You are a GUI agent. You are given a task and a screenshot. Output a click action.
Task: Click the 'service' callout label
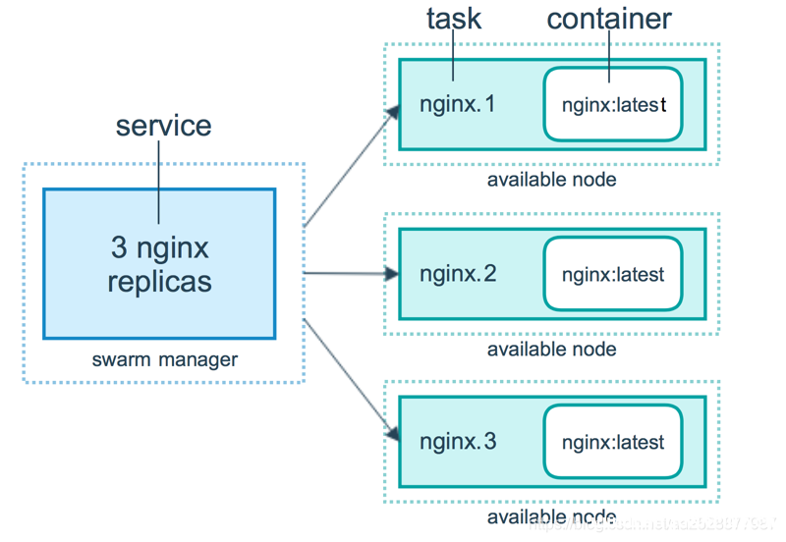(x=163, y=126)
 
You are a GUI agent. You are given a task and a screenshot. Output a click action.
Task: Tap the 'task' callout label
(x=454, y=18)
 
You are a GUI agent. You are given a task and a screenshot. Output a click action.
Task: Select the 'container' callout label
(x=609, y=18)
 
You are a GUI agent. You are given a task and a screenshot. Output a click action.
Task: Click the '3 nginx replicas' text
(x=159, y=263)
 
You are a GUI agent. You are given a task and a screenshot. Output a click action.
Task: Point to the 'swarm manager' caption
(x=164, y=359)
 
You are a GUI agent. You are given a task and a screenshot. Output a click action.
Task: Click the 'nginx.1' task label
(x=458, y=103)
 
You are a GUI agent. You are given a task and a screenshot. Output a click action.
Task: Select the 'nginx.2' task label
(x=458, y=273)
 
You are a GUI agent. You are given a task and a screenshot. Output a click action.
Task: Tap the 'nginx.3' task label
(x=458, y=441)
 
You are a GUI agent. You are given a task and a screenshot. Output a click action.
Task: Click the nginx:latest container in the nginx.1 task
(x=613, y=104)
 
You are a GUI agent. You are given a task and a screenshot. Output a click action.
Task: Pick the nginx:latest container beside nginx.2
(x=613, y=274)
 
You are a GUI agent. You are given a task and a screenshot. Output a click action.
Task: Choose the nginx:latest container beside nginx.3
(x=613, y=442)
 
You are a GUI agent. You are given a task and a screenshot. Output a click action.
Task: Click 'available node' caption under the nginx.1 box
(x=551, y=180)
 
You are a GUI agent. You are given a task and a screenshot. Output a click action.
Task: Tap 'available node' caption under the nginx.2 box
(x=551, y=349)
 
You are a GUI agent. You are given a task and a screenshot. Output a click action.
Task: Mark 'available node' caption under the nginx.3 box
(x=551, y=517)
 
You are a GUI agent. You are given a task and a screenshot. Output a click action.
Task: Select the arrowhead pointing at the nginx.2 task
(x=392, y=274)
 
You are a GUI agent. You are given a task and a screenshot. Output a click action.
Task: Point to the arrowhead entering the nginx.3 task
(x=392, y=433)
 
